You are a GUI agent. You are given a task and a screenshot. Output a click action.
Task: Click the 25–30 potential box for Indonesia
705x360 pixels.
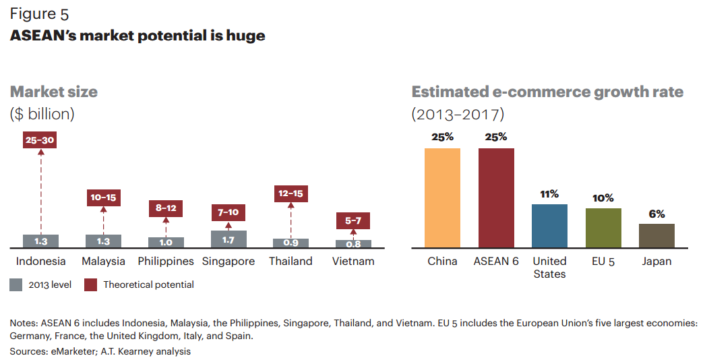pyautogui.click(x=40, y=140)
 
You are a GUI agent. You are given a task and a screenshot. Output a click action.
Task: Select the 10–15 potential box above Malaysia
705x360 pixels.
pyautogui.click(x=103, y=198)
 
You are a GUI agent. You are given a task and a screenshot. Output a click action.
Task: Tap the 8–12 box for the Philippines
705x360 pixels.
pyautogui.click(x=166, y=208)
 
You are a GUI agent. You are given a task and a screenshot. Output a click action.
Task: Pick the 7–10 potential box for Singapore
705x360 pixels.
pyautogui.click(x=228, y=213)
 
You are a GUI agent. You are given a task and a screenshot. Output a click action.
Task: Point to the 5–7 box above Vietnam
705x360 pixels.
pyautogui.click(x=353, y=220)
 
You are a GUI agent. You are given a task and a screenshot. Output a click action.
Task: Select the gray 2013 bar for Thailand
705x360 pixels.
pyautogui.click(x=290, y=243)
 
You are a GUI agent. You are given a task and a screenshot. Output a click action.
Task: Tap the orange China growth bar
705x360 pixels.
pyautogui.click(x=442, y=198)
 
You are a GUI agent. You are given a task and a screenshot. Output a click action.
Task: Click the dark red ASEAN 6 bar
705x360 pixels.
pyautogui.click(x=496, y=198)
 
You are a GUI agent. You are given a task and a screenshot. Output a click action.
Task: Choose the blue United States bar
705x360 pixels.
pyautogui.click(x=549, y=226)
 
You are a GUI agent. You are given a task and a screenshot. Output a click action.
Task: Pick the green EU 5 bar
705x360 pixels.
pyautogui.click(x=603, y=228)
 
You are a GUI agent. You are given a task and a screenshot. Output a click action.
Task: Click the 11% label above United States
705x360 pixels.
pyautogui.click(x=549, y=194)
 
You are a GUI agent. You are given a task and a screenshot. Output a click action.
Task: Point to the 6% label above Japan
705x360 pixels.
pyautogui.click(x=656, y=214)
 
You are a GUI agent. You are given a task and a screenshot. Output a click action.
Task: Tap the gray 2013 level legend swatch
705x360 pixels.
pyautogui.click(x=16, y=284)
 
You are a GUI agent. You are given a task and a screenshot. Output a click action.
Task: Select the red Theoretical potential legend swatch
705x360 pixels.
pyautogui.click(x=90, y=284)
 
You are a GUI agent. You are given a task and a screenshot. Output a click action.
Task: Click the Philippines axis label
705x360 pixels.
pyautogui.click(x=166, y=261)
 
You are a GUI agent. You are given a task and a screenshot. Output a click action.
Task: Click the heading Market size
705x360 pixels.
pyautogui.click(x=54, y=92)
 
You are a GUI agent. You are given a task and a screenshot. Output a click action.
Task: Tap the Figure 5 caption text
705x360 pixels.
pyautogui.click(x=39, y=13)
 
